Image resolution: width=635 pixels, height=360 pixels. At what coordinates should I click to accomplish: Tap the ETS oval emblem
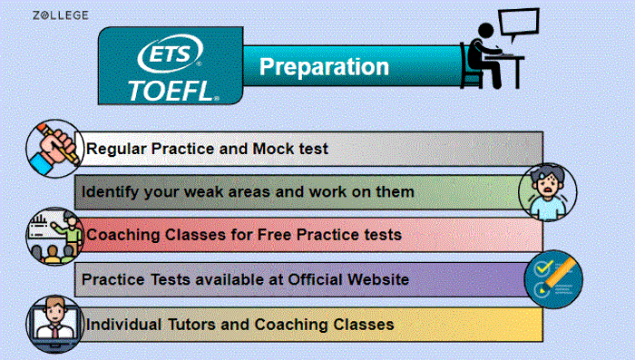pyautogui.click(x=169, y=56)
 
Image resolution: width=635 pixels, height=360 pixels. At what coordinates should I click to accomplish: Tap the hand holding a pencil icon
pyautogui.click(x=54, y=146)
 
